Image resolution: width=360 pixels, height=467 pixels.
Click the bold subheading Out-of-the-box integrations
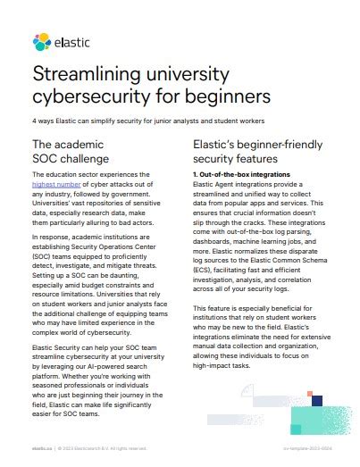(241, 173)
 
